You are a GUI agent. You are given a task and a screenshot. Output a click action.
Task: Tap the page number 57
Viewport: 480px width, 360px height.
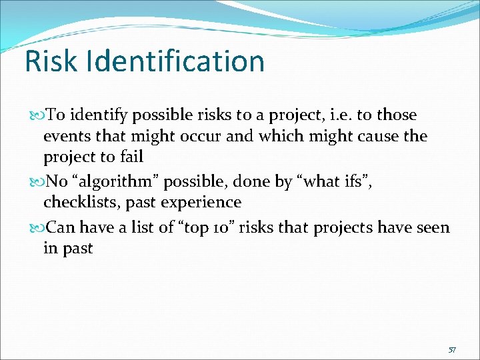(452, 349)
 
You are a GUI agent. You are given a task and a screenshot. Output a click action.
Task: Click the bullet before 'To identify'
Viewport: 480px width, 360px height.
(36, 115)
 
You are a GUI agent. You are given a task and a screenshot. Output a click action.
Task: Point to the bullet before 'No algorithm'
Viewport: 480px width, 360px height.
(36, 181)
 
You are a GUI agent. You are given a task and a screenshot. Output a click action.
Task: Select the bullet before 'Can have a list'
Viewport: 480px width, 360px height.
(36, 228)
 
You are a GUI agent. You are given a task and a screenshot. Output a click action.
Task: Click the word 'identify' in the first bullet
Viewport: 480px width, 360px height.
(102, 115)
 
